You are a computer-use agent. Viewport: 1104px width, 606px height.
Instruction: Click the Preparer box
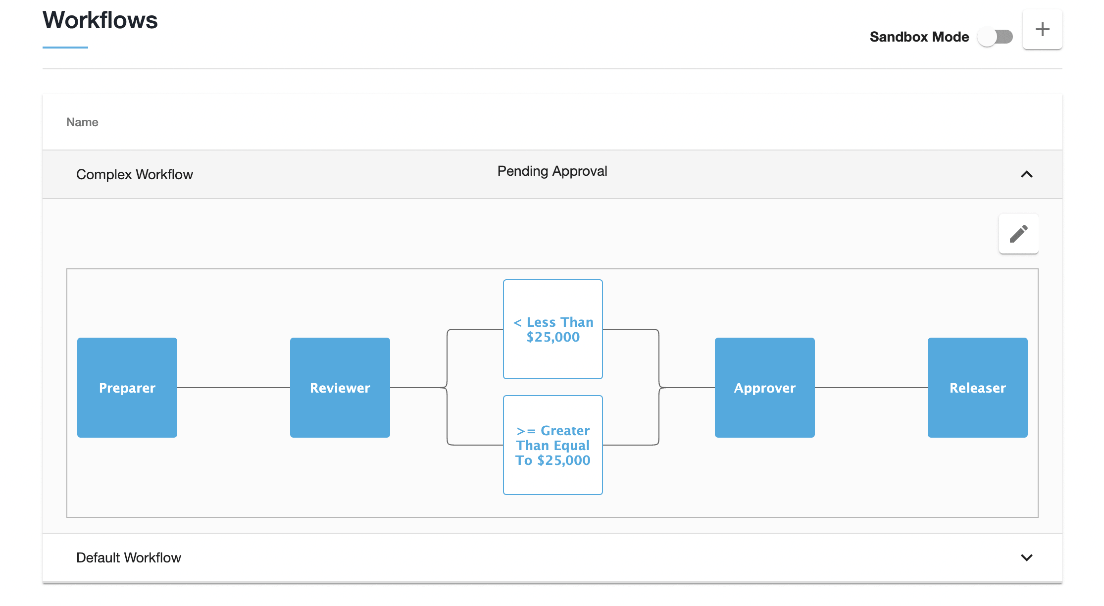pyautogui.click(x=127, y=388)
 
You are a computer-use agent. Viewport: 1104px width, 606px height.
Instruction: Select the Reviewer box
pyautogui.click(x=340, y=388)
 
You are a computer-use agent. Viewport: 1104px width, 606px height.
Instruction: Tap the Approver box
pyautogui.click(x=764, y=388)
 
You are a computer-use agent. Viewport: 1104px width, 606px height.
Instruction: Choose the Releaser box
pyautogui.click(x=977, y=388)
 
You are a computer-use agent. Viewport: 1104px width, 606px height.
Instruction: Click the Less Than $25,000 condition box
pyautogui.click(x=553, y=329)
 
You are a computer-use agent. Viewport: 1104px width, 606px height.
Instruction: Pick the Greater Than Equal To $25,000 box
pyautogui.click(x=553, y=445)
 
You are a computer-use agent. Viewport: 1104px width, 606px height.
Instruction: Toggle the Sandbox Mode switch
pyautogui.click(x=995, y=37)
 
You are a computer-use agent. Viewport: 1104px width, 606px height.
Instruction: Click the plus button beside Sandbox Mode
pyautogui.click(x=1042, y=29)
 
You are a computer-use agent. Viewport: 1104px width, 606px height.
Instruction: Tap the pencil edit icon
pyautogui.click(x=1018, y=234)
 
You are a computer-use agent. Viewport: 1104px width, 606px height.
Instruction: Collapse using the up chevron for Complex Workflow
pyautogui.click(x=1026, y=174)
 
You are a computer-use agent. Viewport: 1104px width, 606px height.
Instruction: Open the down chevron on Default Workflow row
pyautogui.click(x=1026, y=557)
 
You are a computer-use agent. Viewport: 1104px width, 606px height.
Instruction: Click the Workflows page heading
pyautogui.click(x=100, y=20)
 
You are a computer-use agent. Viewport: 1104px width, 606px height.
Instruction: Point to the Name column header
pyautogui.click(x=82, y=122)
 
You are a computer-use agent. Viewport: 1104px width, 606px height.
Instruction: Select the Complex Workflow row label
pyautogui.click(x=134, y=175)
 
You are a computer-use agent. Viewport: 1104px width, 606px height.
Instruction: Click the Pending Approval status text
pyautogui.click(x=552, y=171)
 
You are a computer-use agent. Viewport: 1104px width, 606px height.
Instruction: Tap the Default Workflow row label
pyautogui.click(x=129, y=558)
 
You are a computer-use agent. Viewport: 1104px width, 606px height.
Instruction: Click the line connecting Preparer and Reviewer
pyautogui.click(x=233, y=388)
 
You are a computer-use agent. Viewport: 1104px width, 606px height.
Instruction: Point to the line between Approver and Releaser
pyautogui.click(x=871, y=388)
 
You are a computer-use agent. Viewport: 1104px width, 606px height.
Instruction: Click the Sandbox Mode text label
pyautogui.click(x=919, y=37)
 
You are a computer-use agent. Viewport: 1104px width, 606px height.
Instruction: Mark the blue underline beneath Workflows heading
pyautogui.click(x=65, y=48)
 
